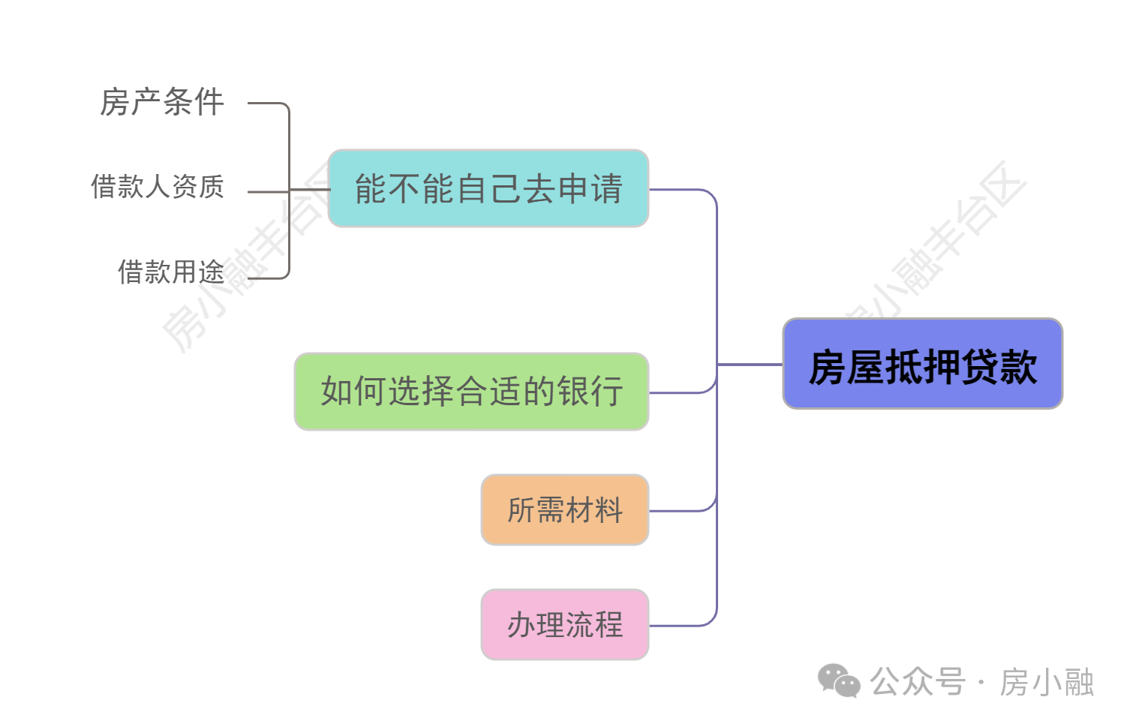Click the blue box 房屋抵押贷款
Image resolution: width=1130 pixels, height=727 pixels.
point(922,364)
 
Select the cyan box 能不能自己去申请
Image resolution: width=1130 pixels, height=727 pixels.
point(488,188)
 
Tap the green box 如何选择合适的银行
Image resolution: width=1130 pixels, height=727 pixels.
point(471,392)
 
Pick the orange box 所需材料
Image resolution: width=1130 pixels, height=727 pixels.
point(564,510)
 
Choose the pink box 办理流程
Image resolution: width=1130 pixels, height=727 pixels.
point(564,625)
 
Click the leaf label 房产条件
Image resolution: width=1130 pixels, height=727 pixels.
point(162,102)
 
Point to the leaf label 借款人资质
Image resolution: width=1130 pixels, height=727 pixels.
point(158,187)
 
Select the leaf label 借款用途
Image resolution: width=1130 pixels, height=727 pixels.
point(171,272)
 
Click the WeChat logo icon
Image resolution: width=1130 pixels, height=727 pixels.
point(838,681)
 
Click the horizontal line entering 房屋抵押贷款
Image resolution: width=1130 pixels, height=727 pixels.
point(750,365)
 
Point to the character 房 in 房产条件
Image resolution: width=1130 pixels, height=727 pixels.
point(114,102)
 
